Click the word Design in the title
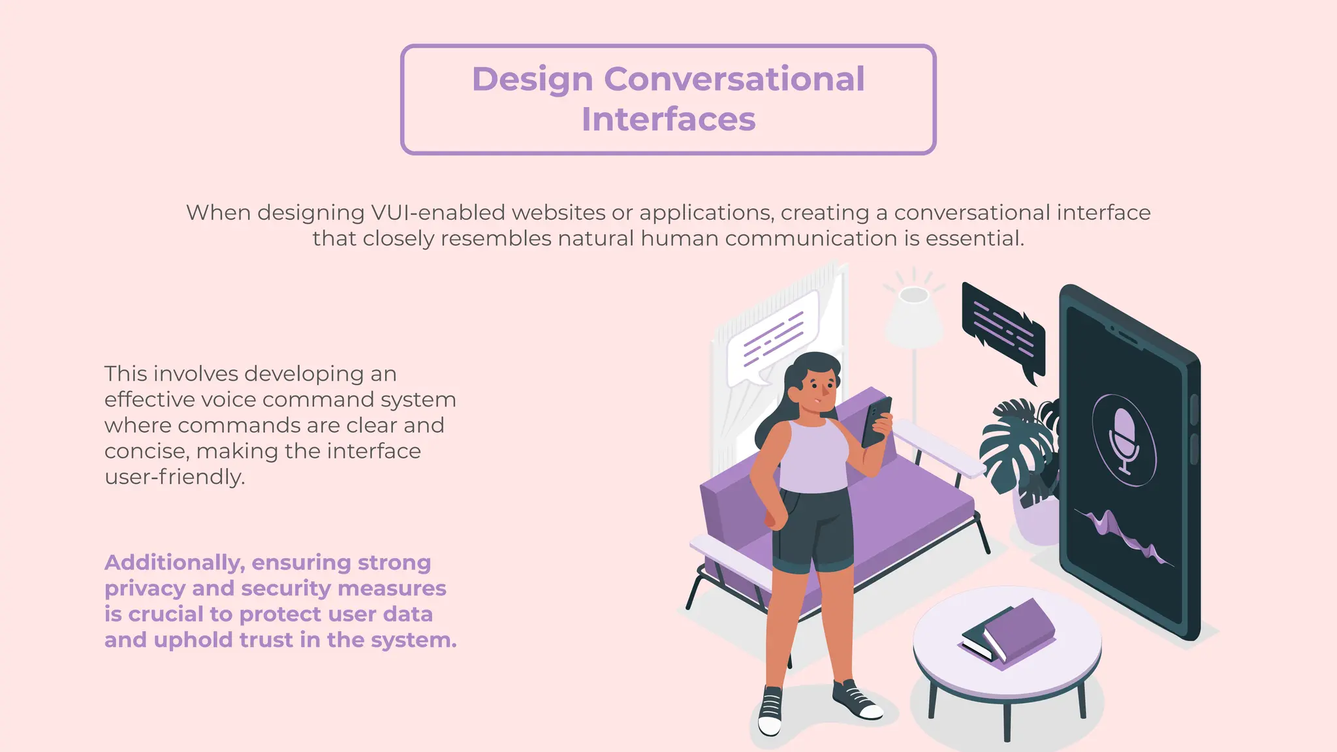coord(532,80)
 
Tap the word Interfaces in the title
coord(668,119)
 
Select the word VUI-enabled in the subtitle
coord(438,213)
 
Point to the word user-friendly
coord(174,477)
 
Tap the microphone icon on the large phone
coord(1124,439)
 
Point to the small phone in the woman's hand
coord(876,421)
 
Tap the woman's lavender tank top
coord(813,457)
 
